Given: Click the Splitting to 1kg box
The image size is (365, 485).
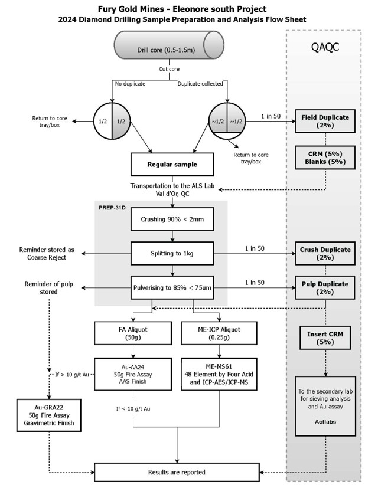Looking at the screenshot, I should [172, 254].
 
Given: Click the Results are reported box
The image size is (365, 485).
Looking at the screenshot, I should [178, 472].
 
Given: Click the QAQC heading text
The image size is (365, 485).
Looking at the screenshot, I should [324, 47].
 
